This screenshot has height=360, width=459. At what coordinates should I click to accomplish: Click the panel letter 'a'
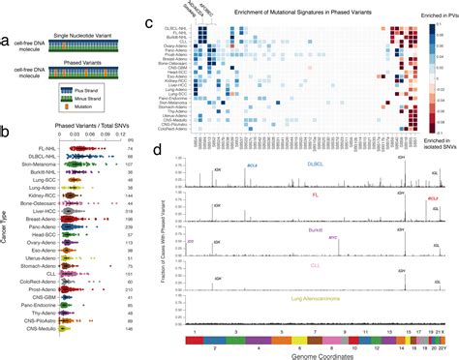pyautogui.click(x=6, y=40)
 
